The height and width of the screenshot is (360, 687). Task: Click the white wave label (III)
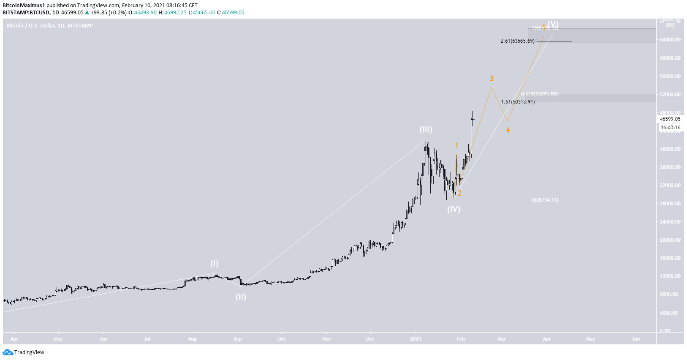coord(426,130)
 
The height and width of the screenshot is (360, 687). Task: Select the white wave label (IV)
coord(454,209)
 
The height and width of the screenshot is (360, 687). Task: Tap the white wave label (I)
coord(215,264)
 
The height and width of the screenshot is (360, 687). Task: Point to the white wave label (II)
coord(241,297)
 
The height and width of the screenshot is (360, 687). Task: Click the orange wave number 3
coord(491,79)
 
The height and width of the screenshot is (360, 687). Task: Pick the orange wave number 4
coord(508,130)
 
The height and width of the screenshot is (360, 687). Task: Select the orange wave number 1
coord(456,145)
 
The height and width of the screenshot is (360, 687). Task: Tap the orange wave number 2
coord(459,193)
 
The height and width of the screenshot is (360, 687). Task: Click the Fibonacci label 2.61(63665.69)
coord(517,41)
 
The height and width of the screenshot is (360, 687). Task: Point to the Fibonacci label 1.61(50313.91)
coord(518,102)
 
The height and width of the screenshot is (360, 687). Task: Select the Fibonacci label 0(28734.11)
coord(545,200)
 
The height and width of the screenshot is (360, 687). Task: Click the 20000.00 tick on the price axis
coord(670,240)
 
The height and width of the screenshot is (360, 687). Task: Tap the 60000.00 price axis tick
coord(670,58)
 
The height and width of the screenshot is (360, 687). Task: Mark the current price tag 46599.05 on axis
coord(670,119)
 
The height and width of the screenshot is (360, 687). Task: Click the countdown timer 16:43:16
coord(671,128)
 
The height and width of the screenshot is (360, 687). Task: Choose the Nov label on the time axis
coord(326,339)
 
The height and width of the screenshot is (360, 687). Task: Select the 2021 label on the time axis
coord(415,339)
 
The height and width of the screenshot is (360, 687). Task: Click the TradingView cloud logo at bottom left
coord(8,352)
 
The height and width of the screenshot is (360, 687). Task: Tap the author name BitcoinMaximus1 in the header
coord(24,5)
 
